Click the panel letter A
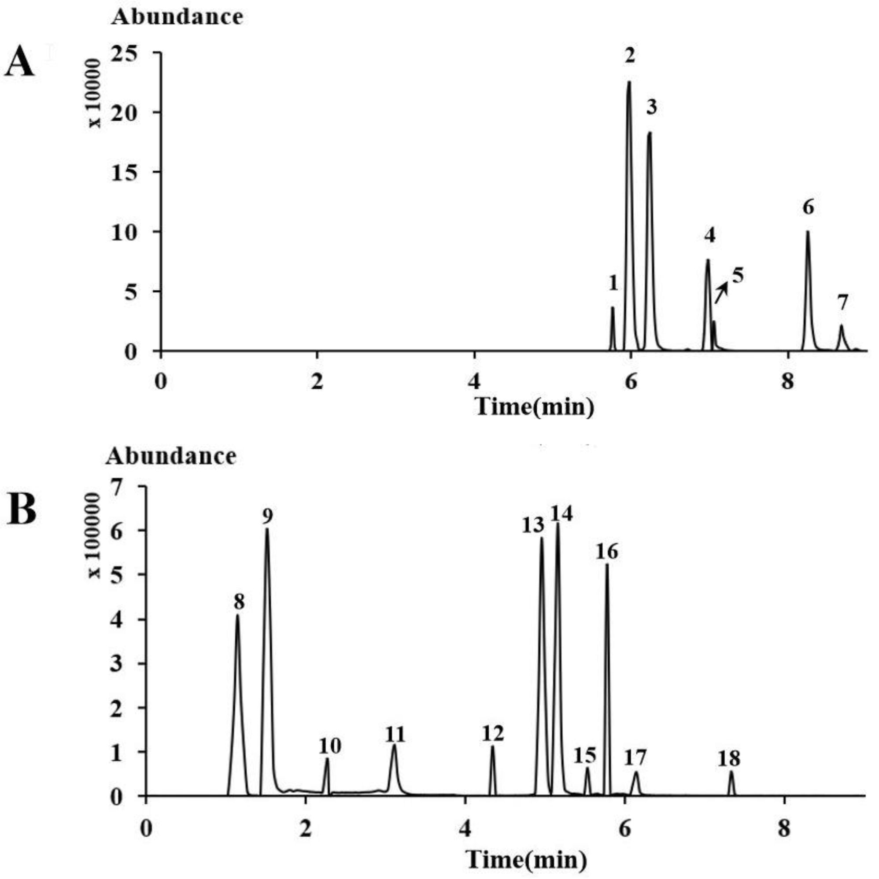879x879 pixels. click(x=19, y=63)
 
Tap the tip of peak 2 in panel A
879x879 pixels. click(x=629, y=82)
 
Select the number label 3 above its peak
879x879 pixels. click(x=652, y=107)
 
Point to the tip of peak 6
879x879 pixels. click(x=808, y=232)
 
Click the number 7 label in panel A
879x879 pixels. click(x=842, y=303)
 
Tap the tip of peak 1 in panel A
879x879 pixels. click(x=613, y=307)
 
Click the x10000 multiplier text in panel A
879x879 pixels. click(x=95, y=93)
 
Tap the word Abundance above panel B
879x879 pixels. click(x=171, y=455)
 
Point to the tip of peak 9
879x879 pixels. click(x=267, y=529)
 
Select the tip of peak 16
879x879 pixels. click(x=607, y=565)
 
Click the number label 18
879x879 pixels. click(x=729, y=758)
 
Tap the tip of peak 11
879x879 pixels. click(x=395, y=745)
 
